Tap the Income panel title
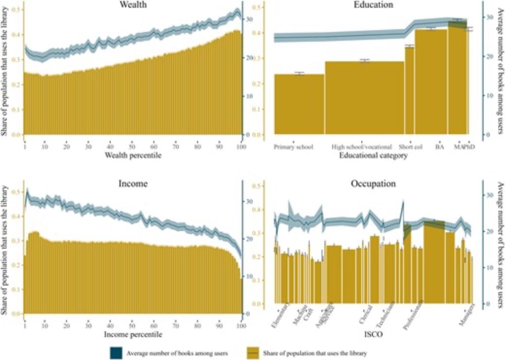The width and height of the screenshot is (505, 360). (133, 184)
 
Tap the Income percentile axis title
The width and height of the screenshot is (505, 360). (133, 334)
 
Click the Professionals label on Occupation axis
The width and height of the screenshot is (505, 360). (413, 318)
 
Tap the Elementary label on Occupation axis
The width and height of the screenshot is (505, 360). (280, 316)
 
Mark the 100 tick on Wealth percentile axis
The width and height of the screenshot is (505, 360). (241, 147)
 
